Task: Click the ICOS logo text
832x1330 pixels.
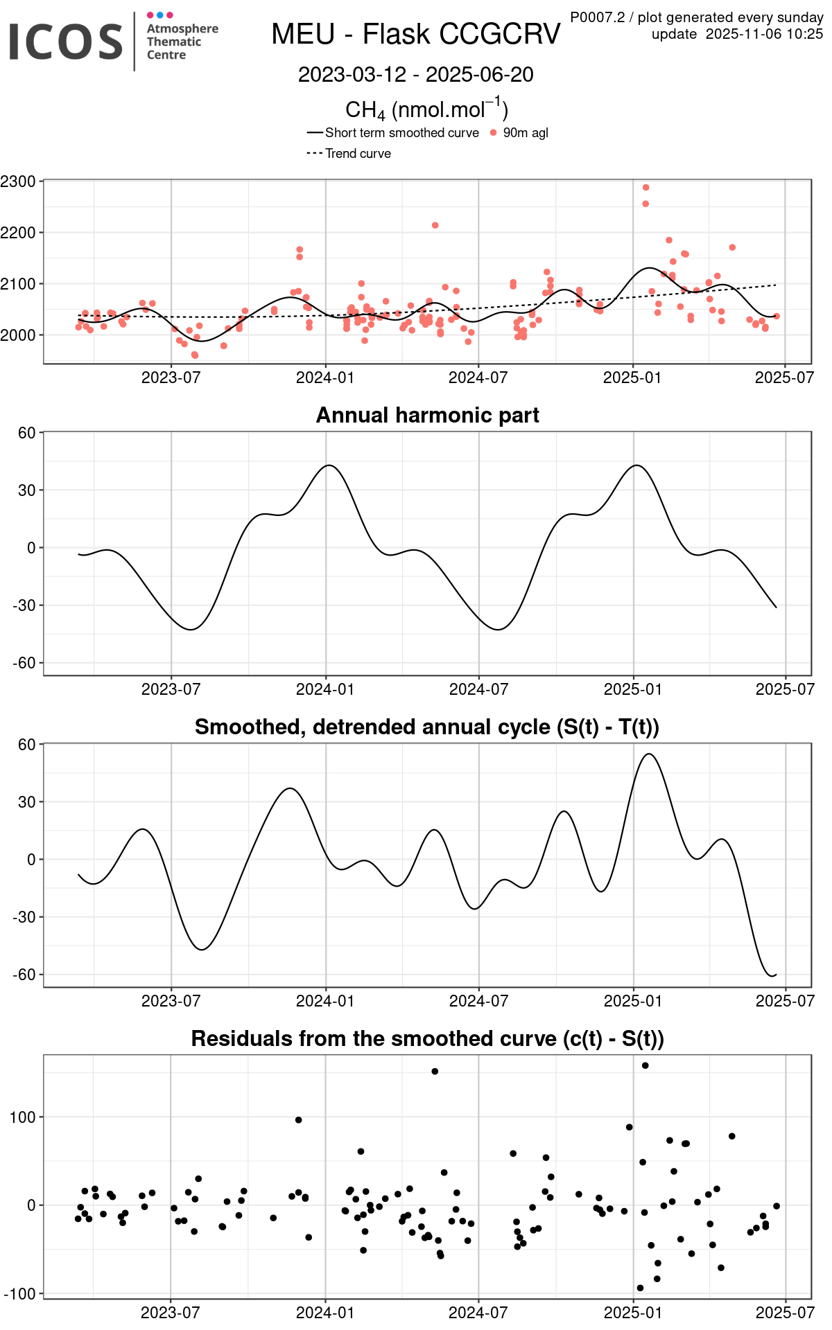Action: (x=66, y=42)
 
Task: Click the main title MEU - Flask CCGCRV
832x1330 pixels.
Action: (x=415, y=34)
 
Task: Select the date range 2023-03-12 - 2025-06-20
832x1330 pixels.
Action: (x=415, y=75)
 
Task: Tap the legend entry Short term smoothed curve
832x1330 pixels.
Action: (x=401, y=133)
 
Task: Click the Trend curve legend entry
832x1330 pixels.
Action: (x=358, y=154)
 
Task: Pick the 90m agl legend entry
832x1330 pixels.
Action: (x=525, y=133)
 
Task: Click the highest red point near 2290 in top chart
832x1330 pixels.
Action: (x=645, y=188)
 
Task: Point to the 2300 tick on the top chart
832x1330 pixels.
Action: (x=18, y=181)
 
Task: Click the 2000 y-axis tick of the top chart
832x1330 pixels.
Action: (x=18, y=335)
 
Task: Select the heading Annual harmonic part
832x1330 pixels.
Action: (x=427, y=415)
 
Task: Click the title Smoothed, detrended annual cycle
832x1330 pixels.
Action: (x=427, y=727)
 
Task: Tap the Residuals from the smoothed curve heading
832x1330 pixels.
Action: (x=427, y=1038)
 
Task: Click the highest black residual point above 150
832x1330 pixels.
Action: (x=645, y=1065)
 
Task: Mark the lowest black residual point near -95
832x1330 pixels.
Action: (x=640, y=1288)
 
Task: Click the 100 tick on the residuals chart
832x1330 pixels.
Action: (x=24, y=1117)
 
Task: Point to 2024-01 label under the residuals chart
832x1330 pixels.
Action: (x=325, y=1312)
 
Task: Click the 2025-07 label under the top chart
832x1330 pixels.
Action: (x=784, y=378)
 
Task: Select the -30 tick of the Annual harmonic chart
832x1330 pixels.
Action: (x=24, y=605)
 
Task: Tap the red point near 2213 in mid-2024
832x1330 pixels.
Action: (x=435, y=225)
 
